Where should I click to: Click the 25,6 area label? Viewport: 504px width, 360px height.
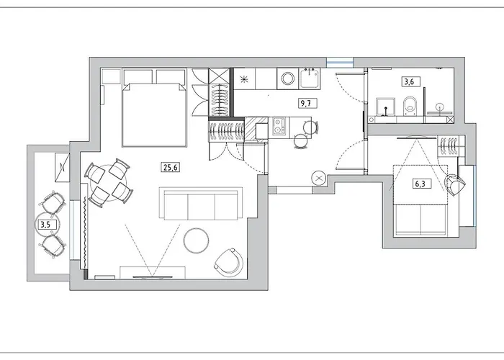coord(171,168)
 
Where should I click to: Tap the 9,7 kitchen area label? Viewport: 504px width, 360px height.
coord(306,103)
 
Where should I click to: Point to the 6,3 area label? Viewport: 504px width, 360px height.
coord(418,184)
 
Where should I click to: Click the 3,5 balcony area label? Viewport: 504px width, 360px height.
coord(45,225)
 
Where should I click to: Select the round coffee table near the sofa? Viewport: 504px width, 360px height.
coord(195,240)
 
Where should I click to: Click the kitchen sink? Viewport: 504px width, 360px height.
coord(312,76)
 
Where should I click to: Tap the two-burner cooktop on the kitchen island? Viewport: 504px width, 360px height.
coord(260,130)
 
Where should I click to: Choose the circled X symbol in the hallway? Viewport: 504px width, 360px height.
coord(318,177)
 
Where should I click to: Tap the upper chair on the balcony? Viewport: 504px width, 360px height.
coord(50,202)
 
